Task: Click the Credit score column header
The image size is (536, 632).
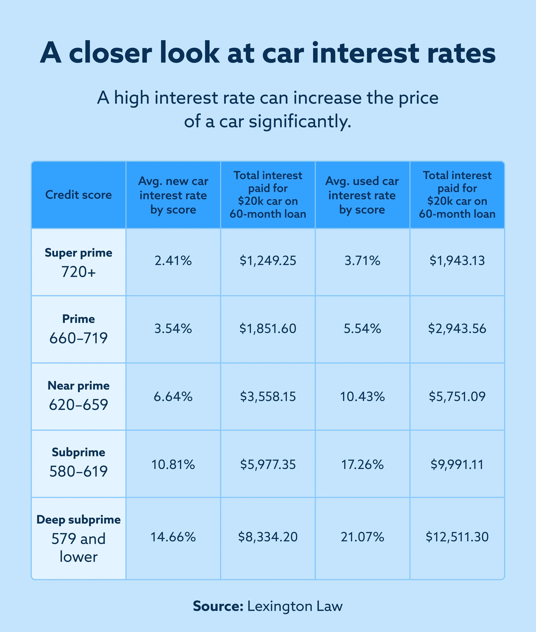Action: click(78, 195)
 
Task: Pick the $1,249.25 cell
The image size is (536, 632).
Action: click(268, 261)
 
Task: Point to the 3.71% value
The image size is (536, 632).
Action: click(362, 261)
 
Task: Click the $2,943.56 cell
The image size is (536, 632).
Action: click(457, 329)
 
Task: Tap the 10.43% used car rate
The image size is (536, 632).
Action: click(362, 396)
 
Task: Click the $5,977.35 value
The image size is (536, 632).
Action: click(268, 465)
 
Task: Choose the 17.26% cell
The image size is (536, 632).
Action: click(362, 465)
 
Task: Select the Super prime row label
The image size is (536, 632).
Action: click(78, 253)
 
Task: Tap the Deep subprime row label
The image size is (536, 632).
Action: click(78, 520)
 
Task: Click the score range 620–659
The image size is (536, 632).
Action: click(78, 405)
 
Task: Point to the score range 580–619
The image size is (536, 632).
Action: click(78, 471)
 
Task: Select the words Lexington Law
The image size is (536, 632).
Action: click(295, 606)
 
